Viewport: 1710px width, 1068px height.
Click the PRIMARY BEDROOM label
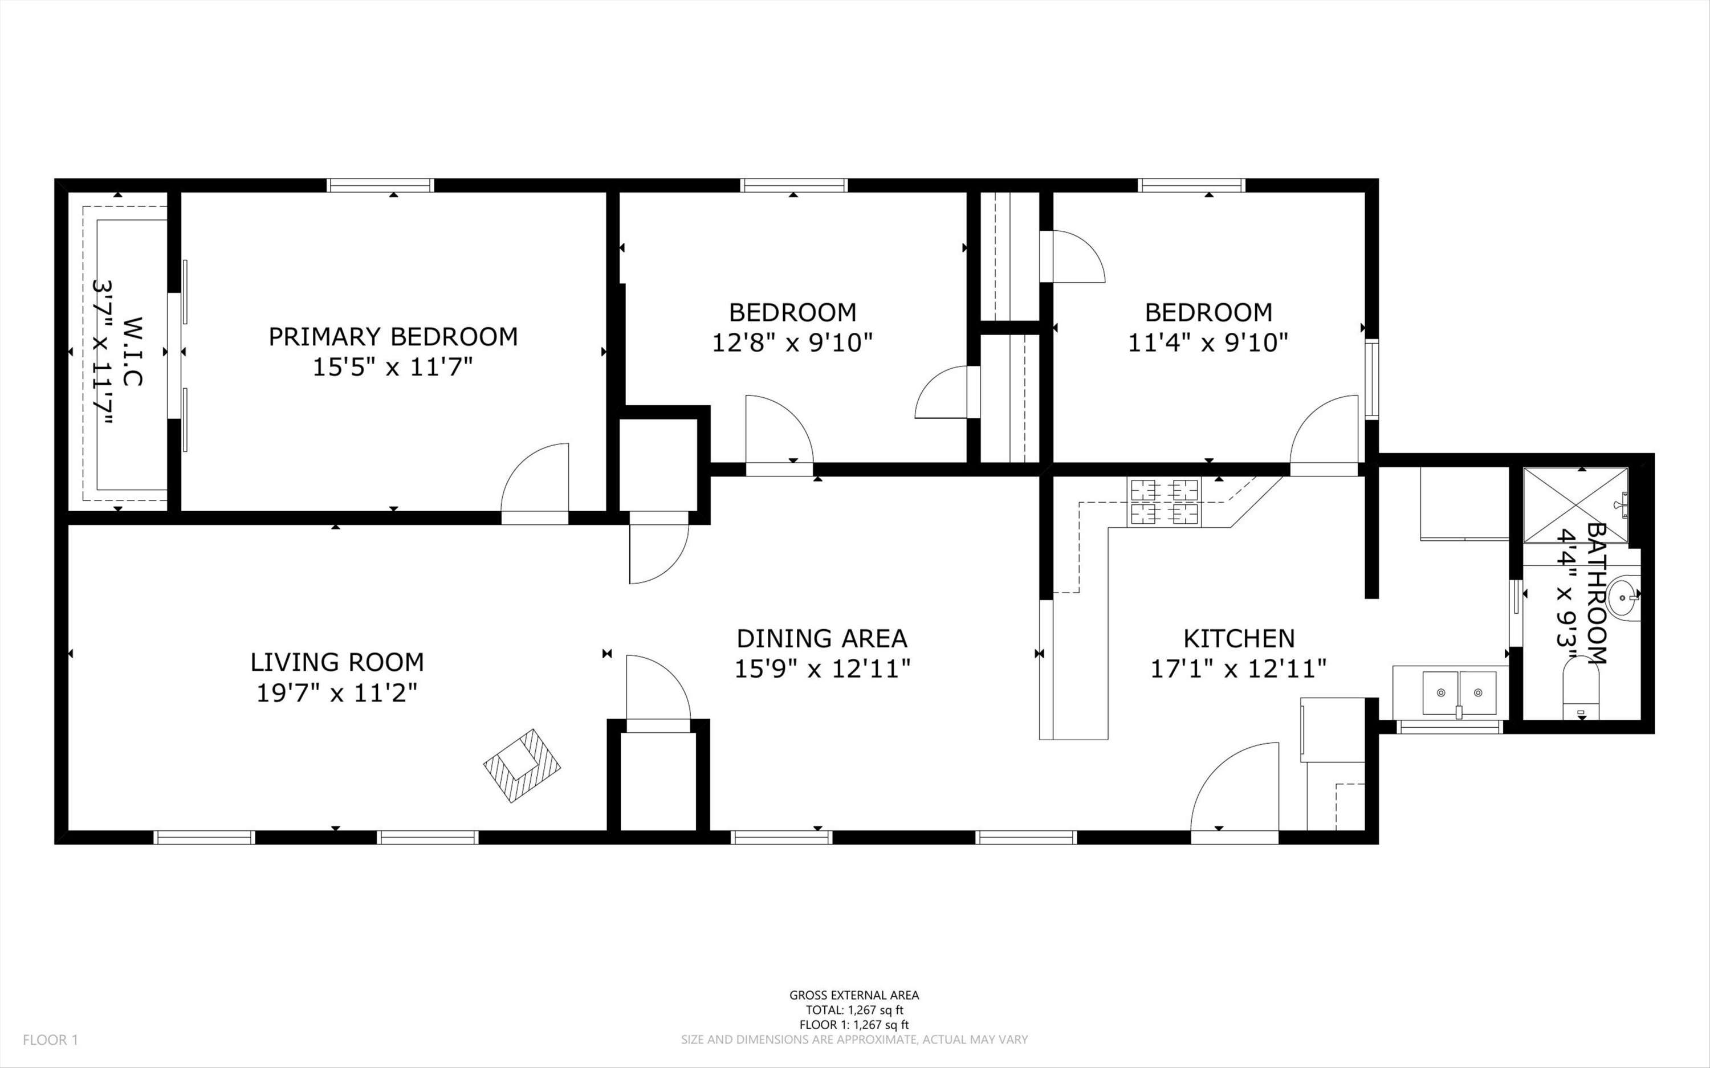(x=393, y=337)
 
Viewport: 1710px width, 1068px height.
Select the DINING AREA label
(x=821, y=638)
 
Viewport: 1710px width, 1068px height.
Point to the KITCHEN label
(x=1239, y=638)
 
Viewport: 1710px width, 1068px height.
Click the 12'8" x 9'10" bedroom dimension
(x=792, y=343)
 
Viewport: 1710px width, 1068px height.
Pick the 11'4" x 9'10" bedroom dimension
(x=1208, y=343)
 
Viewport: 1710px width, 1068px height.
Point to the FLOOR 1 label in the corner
(x=50, y=1040)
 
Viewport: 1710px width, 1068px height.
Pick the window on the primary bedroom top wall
(x=381, y=185)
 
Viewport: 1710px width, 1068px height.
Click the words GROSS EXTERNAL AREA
(x=854, y=995)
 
